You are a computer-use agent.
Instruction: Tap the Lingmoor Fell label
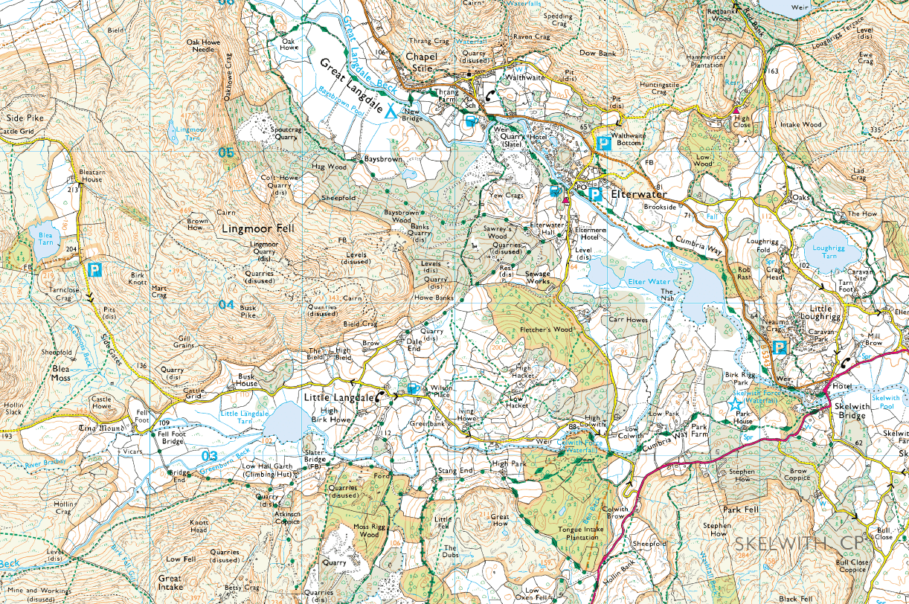click(258, 229)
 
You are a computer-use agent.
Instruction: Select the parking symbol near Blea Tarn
click(94, 269)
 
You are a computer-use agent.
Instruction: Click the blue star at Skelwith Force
click(735, 404)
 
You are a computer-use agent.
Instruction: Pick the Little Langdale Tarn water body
click(281, 422)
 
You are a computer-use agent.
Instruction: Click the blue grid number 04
click(226, 304)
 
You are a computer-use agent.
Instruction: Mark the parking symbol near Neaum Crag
click(780, 347)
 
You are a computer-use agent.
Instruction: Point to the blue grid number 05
click(226, 152)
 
